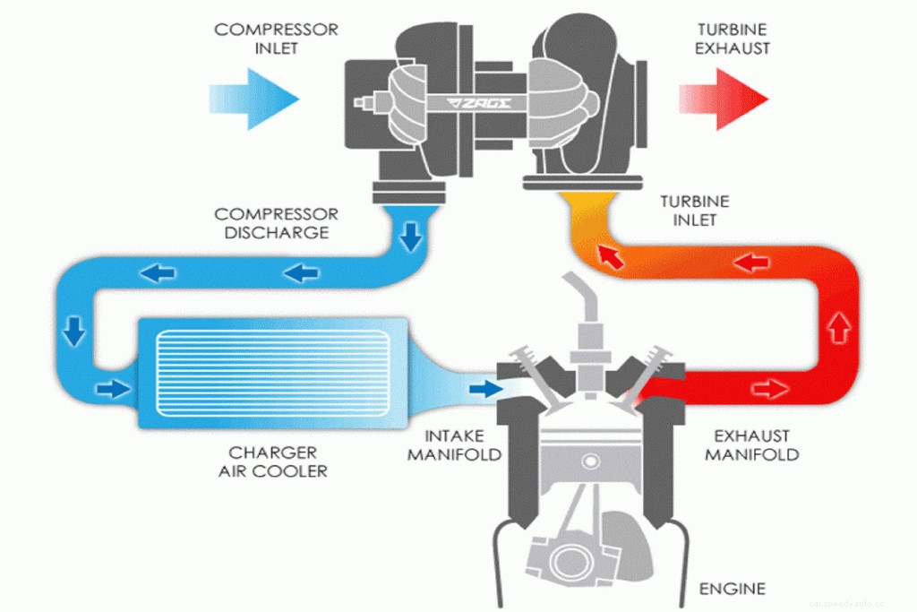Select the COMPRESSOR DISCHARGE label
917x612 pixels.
click(x=276, y=224)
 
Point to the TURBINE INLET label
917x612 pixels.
click(x=694, y=211)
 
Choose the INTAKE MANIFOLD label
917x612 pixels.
click(x=454, y=445)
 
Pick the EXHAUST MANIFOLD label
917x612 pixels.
click(x=751, y=445)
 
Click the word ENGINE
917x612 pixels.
click(x=732, y=589)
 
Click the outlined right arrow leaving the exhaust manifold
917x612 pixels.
click(x=769, y=389)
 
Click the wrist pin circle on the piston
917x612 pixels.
click(x=588, y=461)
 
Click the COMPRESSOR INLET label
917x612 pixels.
click(x=276, y=39)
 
